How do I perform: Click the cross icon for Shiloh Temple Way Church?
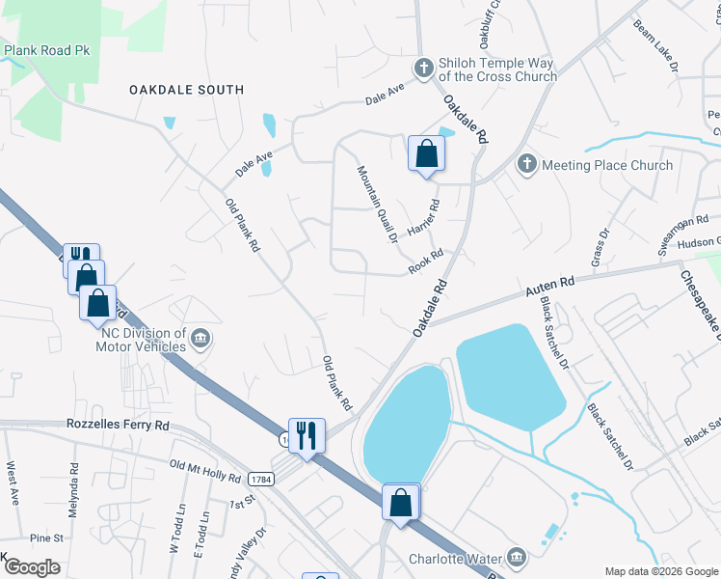(x=422, y=68)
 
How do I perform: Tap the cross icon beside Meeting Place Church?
(x=526, y=164)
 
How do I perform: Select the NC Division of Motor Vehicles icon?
(x=200, y=337)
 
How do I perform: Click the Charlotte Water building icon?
(x=517, y=557)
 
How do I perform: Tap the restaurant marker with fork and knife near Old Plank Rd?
(x=306, y=435)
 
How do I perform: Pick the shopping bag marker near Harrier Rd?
(x=425, y=153)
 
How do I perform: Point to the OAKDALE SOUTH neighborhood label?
(x=187, y=90)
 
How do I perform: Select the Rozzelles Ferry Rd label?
(x=118, y=425)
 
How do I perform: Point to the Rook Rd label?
(x=425, y=262)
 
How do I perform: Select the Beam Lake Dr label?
(x=656, y=45)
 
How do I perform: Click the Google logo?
(x=31, y=567)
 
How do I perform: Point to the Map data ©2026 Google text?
(x=660, y=571)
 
